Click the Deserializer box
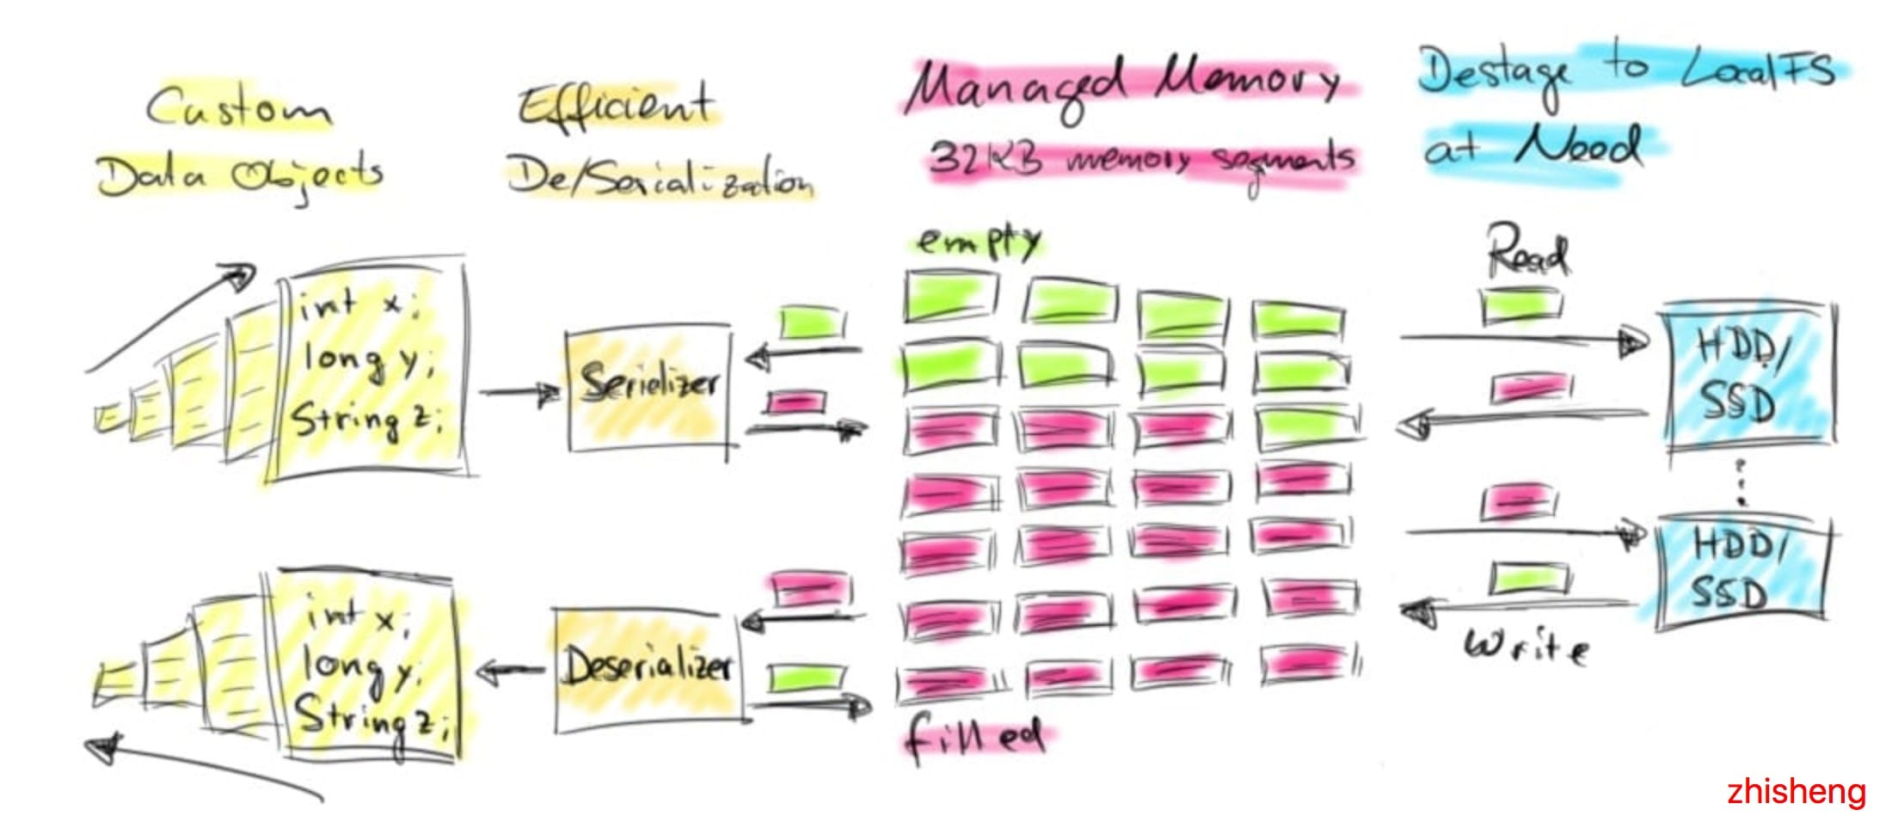pos(647,670)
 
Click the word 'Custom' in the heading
pos(237,108)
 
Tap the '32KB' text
pos(986,159)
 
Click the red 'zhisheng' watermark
pos(1796,791)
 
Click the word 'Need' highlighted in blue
pos(1577,147)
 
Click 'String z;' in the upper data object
pos(365,420)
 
